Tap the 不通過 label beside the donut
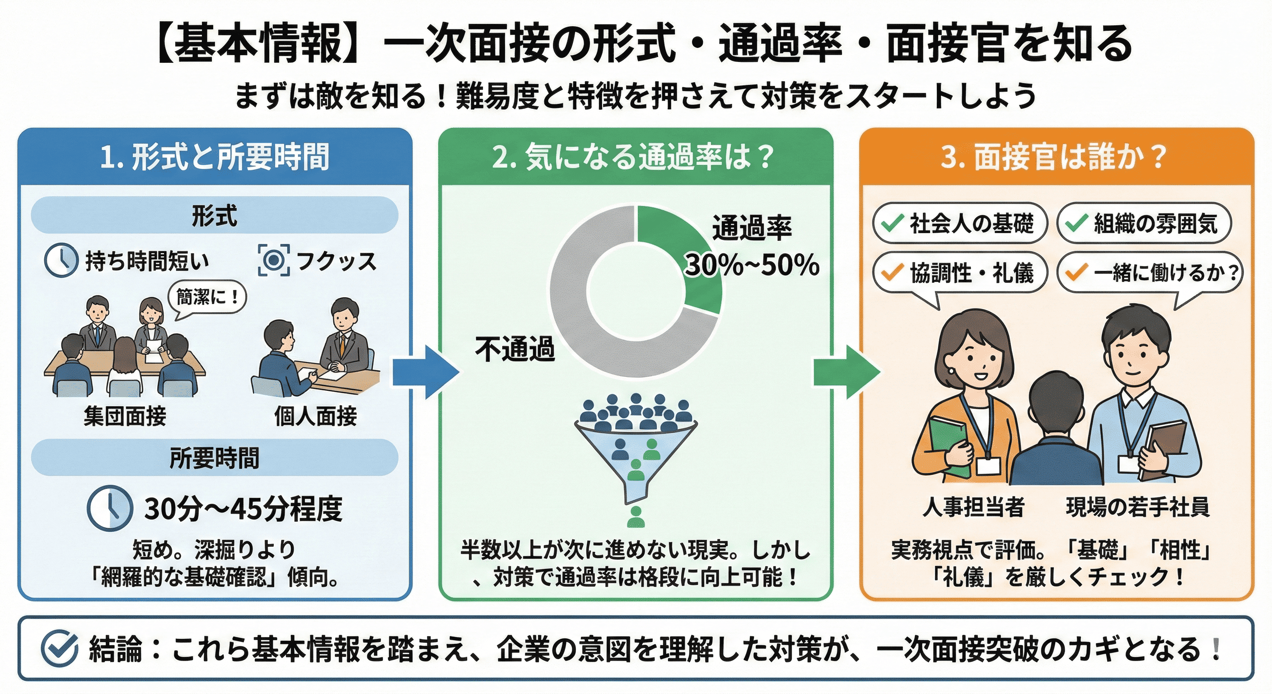point(514,349)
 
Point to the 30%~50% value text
point(752,265)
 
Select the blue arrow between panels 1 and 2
point(425,372)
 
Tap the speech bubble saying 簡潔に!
point(207,297)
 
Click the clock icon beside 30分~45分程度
point(110,508)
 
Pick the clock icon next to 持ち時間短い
point(61,260)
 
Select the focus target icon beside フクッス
point(274,260)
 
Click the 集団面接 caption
point(125,416)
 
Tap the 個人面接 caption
point(316,416)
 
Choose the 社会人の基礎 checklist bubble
point(960,223)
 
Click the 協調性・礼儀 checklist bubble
point(960,272)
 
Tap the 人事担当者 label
point(973,507)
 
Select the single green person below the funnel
point(636,517)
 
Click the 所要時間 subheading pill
point(214,457)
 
